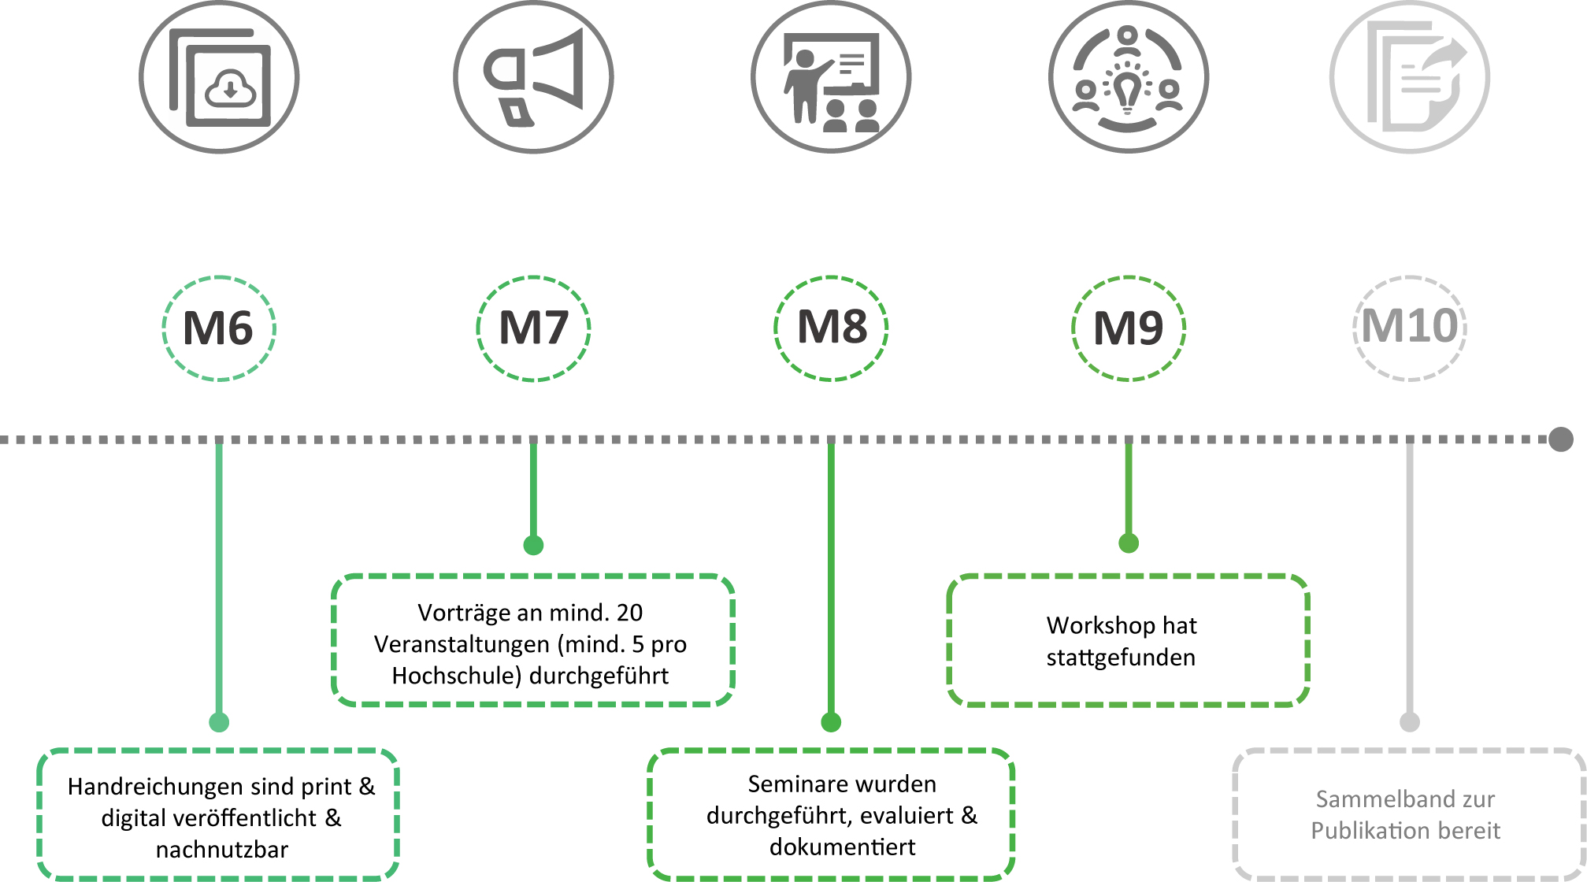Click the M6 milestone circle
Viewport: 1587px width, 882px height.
(219, 328)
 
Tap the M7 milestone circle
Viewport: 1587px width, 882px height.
(533, 328)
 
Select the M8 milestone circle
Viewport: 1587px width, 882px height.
(831, 328)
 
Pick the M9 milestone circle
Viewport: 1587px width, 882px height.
(1129, 328)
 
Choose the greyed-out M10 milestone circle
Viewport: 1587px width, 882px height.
(1410, 328)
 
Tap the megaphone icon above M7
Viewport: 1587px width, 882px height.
(533, 77)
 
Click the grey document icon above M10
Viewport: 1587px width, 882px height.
(1410, 77)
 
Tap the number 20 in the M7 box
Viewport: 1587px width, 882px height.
(629, 613)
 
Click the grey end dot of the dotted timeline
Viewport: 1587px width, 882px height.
(1560, 439)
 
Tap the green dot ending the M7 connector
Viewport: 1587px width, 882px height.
(533, 545)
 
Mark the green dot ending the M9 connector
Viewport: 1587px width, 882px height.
(1129, 543)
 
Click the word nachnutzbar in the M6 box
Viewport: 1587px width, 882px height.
(222, 850)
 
